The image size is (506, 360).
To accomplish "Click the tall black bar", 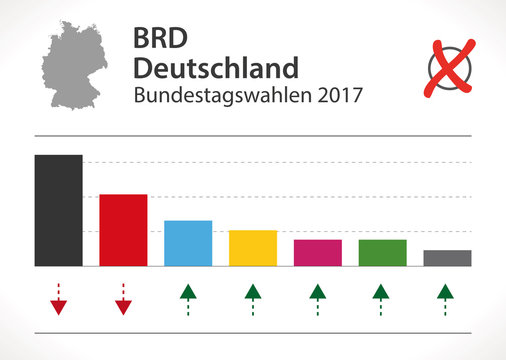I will point(58,210).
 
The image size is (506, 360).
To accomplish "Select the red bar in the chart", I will point(123,230).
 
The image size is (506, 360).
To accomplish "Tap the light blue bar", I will point(188,243).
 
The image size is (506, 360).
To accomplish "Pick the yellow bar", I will point(253,248).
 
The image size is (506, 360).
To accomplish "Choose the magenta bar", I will point(318,253).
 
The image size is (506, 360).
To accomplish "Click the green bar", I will point(382,253).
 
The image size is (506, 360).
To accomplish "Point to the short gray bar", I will point(447,258).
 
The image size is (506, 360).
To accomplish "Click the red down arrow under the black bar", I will point(58,301).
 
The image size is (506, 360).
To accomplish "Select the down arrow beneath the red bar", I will point(123,301).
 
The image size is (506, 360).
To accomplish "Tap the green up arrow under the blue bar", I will point(188,298).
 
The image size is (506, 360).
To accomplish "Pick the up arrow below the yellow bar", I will point(253,298).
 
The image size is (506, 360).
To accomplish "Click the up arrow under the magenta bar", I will point(318,298).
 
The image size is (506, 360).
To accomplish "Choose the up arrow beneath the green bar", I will point(382,298).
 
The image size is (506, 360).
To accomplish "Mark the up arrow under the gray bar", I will point(447,298).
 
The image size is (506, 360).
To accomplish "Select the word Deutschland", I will point(215,68).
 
